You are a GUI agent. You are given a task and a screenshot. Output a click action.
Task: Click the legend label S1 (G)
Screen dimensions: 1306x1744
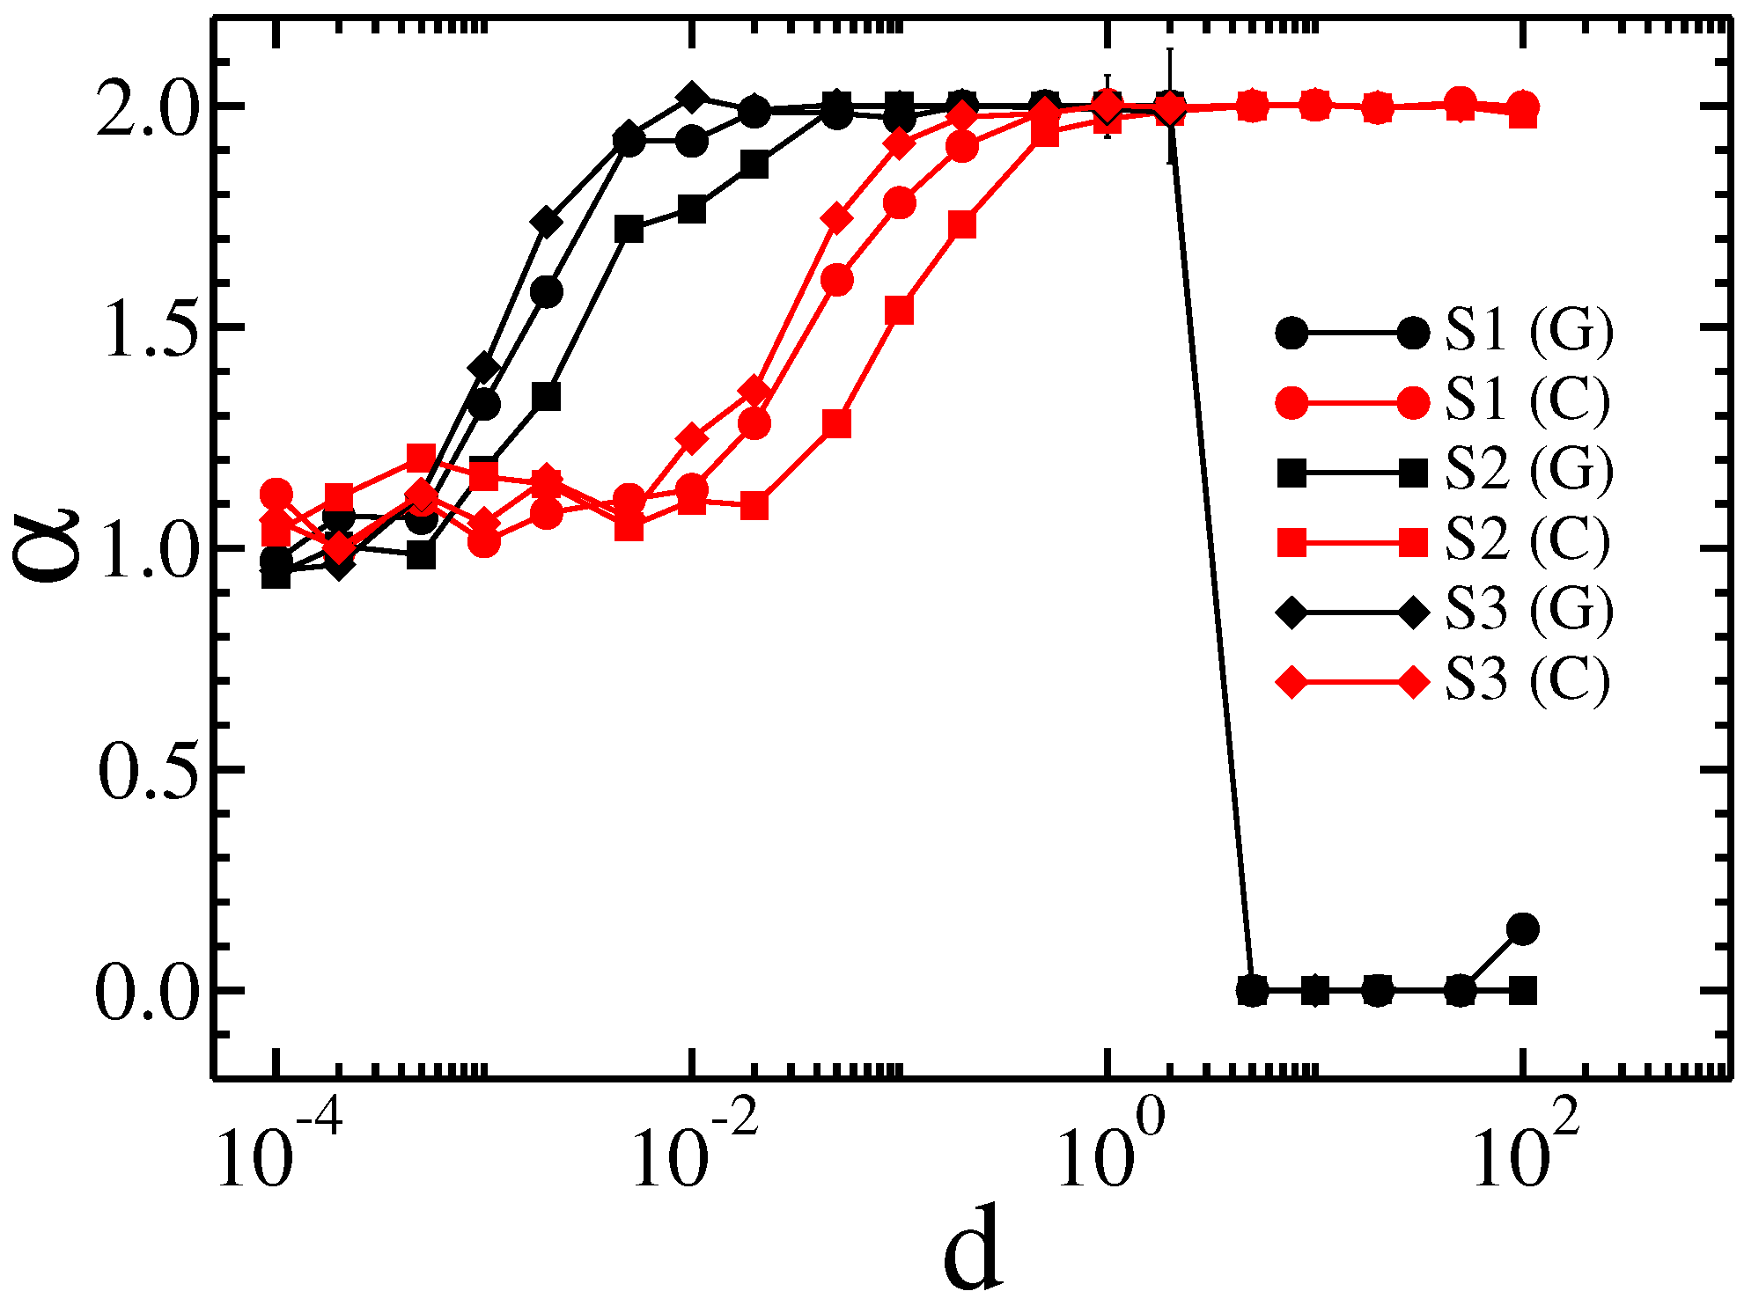(1529, 332)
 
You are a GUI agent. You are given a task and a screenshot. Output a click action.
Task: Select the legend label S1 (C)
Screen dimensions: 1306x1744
(1527, 401)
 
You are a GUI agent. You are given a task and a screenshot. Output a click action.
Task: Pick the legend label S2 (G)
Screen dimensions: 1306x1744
(1529, 471)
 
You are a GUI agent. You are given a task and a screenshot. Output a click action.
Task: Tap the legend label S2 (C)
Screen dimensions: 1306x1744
(1527, 541)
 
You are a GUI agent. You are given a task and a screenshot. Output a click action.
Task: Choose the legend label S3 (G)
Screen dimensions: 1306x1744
(1529, 610)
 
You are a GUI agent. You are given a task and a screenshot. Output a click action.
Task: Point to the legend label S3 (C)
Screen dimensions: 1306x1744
(1527, 680)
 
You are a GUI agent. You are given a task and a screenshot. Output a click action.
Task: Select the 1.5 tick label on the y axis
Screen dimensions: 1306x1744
(146, 331)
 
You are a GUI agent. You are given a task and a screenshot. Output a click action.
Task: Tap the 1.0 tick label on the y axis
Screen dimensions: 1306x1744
(146, 553)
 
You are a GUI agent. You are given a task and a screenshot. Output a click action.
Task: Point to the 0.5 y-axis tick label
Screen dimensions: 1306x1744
(146, 774)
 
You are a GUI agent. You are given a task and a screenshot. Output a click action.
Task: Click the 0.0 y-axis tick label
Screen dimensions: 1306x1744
(146, 995)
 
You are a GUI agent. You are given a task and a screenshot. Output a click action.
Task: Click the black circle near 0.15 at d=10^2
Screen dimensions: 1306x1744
(1522, 928)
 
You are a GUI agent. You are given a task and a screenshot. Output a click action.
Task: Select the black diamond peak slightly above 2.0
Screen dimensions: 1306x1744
(693, 96)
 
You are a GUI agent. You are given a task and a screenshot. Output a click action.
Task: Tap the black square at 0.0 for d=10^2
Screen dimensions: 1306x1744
(1522, 992)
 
